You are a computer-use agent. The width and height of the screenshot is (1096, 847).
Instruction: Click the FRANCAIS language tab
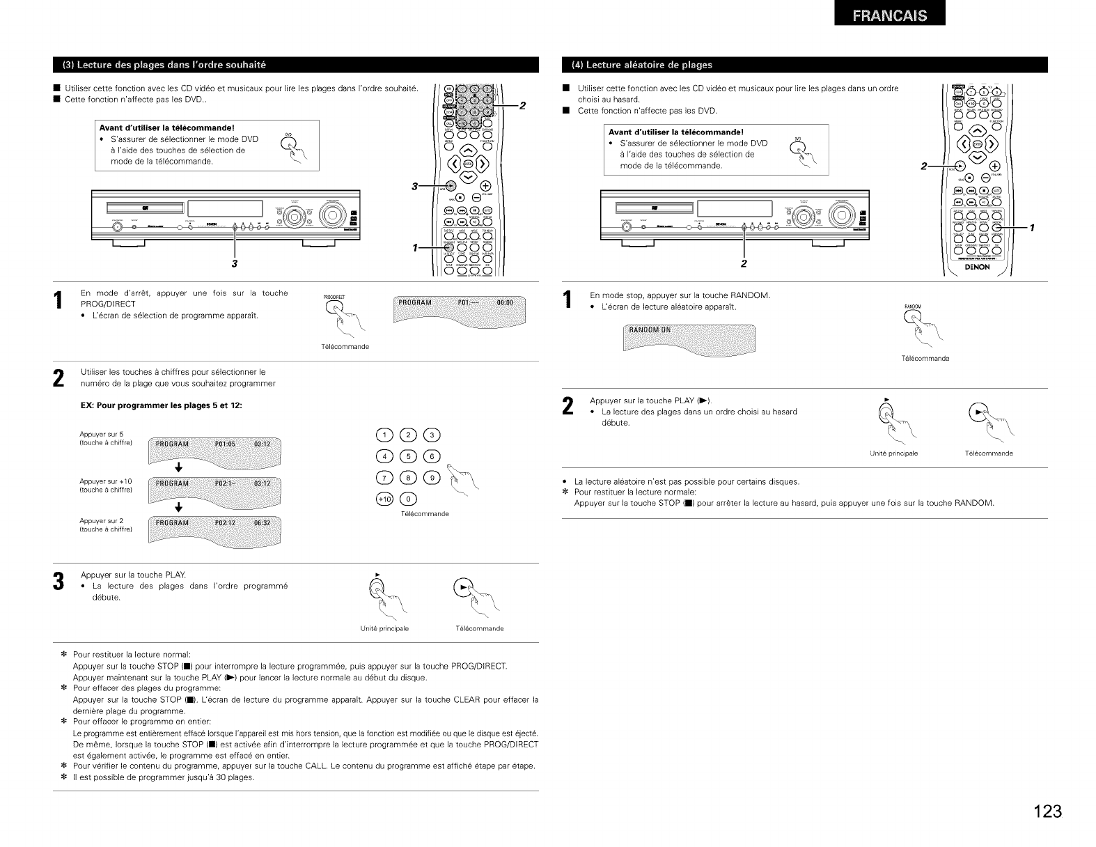coord(884,17)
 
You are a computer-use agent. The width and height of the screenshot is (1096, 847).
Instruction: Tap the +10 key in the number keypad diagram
coord(385,499)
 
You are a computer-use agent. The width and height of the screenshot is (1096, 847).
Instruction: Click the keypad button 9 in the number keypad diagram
coord(432,479)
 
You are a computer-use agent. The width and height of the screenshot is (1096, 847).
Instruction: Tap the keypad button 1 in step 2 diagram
coord(385,436)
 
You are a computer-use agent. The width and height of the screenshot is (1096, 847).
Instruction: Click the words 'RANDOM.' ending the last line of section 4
coord(973,503)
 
